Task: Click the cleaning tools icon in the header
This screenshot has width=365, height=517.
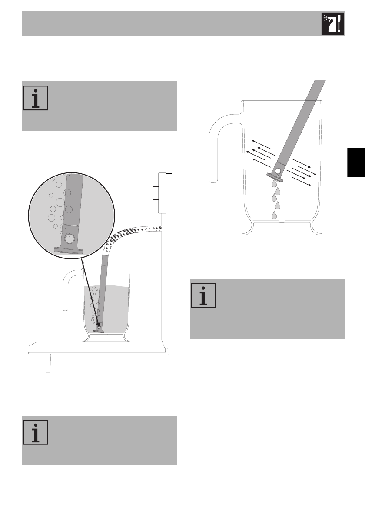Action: pos(332,24)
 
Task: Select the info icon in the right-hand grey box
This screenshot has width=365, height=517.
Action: pos(203,296)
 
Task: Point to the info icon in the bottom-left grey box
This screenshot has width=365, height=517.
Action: pos(35,433)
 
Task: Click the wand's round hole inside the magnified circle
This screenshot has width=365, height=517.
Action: pos(69,239)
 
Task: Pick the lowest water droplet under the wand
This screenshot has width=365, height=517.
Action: pos(274,215)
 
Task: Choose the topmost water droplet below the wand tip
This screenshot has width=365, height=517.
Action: pos(274,183)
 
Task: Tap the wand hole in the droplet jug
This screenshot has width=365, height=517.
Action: pos(276,172)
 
